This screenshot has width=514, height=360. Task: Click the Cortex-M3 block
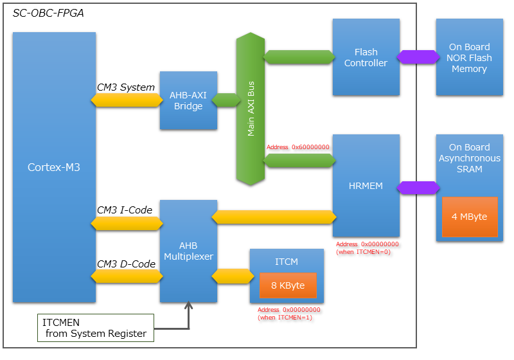[54, 167]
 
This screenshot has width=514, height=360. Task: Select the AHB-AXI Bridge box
[188, 101]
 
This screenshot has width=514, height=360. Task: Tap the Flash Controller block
[366, 57]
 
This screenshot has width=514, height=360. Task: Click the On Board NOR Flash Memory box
[469, 57]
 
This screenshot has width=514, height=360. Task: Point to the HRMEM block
[366, 186]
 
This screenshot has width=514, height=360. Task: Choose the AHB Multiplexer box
[188, 251]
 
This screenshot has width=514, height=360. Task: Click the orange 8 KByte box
[288, 285]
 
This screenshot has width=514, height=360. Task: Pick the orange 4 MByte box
[469, 217]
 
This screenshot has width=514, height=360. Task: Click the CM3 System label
[126, 87]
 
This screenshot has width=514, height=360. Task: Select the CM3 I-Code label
[125, 210]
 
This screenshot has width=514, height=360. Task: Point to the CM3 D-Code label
[126, 264]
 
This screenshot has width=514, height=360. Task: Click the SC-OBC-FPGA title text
[48, 13]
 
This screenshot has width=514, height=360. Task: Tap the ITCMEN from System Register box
[94, 328]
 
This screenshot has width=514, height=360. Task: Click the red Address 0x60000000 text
[297, 147]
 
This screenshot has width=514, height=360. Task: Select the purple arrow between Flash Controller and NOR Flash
[418, 57]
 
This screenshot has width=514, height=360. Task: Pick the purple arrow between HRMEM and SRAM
[418, 188]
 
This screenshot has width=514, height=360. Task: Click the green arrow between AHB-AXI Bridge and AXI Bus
[226, 100]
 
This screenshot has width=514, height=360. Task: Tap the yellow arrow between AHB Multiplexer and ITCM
[231, 276]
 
